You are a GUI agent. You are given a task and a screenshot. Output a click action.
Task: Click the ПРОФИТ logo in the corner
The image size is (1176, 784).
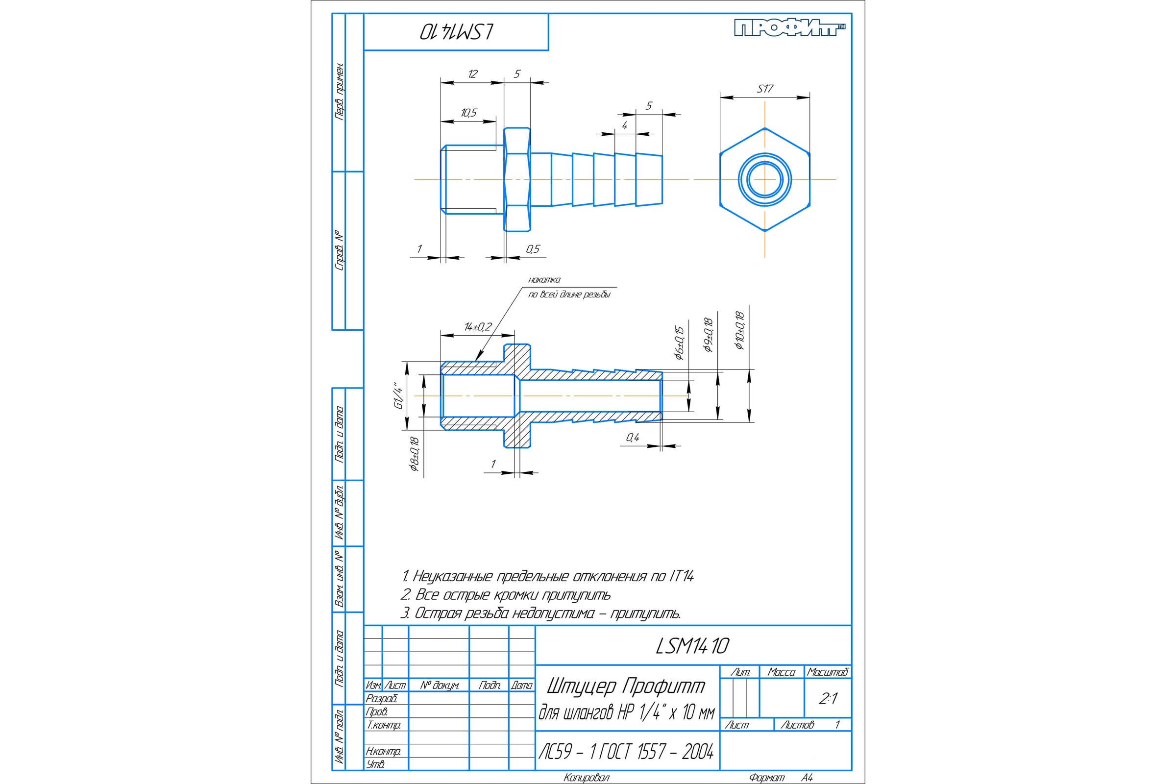[789, 28]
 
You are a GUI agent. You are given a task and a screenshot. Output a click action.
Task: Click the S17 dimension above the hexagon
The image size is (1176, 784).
[765, 89]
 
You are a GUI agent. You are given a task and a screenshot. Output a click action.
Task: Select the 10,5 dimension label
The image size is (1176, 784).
[469, 113]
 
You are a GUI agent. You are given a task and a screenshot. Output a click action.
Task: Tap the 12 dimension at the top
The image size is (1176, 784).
[472, 74]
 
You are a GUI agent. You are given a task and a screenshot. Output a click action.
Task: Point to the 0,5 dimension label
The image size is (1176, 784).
[533, 249]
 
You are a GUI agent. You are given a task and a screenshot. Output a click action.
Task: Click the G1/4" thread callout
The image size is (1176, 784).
[398, 396]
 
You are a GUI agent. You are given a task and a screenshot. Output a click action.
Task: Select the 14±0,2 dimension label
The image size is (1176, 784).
[478, 327]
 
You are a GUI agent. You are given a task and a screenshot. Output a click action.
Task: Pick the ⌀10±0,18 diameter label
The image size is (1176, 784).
[739, 330]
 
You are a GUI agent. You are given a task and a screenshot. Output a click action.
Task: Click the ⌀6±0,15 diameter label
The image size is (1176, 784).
[679, 343]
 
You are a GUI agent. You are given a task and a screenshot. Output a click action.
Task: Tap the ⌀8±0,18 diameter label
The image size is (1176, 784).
[414, 454]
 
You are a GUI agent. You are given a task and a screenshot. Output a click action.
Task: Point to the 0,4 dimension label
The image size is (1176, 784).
[633, 438]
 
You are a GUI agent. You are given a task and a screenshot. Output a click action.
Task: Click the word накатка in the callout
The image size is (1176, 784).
[544, 279]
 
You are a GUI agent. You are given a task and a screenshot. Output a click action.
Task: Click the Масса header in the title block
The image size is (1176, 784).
[782, 672]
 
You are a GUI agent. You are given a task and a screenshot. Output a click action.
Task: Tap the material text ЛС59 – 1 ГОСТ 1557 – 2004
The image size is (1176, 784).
[626, 752]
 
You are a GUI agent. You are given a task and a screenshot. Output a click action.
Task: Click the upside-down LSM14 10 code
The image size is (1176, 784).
[457, 32]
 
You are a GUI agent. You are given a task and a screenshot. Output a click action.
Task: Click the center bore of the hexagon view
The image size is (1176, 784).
[765, 179]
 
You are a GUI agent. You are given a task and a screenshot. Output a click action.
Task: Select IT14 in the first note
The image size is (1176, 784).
[681, 577]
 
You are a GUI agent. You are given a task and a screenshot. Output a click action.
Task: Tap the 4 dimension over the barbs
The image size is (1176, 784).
[624, 125]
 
